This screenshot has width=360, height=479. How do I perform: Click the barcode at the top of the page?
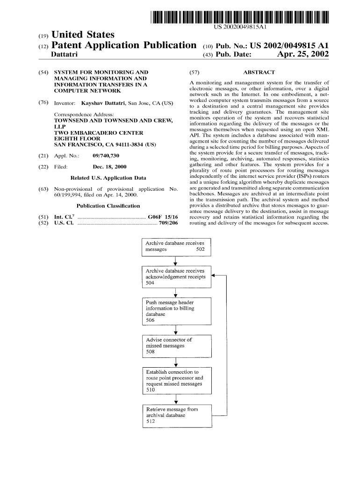(239, 16)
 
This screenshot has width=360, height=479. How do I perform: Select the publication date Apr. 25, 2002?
(303, 55)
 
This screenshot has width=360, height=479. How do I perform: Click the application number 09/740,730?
(106, 155)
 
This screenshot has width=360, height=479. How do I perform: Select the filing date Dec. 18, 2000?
(110, 167)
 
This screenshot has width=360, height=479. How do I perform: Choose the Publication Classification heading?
(108, 206)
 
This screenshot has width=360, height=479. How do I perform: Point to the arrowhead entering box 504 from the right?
(214, 276)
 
